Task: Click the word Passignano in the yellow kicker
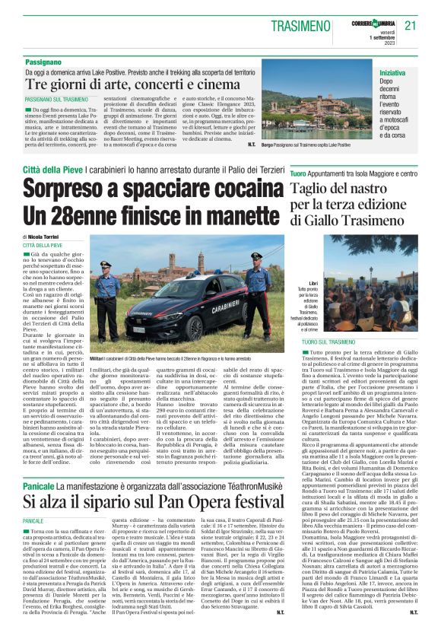[43, 59]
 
